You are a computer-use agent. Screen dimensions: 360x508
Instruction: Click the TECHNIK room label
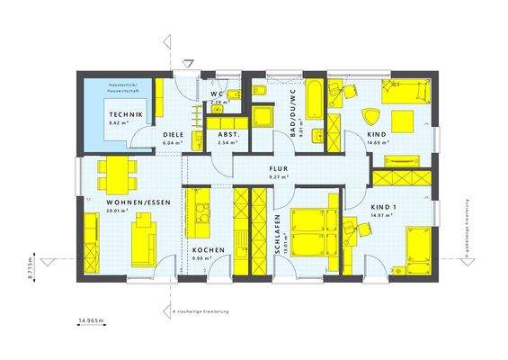click(x=124, y=115)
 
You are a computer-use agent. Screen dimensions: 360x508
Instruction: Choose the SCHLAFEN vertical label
click(x=280, y=236)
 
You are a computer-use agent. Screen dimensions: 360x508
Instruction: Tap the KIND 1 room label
click(x=384, y=208)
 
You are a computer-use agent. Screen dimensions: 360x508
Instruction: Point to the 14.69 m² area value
click(x=377, y=143)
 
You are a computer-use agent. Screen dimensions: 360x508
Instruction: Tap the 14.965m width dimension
click(x=92, y=320)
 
